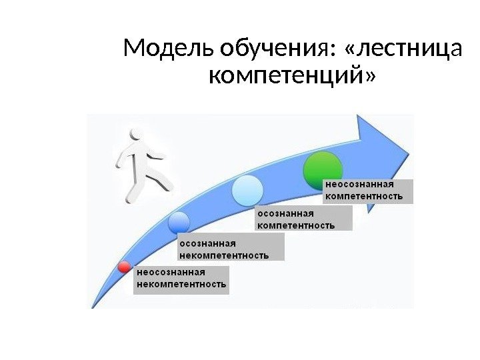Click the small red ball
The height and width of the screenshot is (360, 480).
tap(124, 267)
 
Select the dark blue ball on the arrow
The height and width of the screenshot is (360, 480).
tap(179, 223)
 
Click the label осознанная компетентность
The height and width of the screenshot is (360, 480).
tap(304, 219)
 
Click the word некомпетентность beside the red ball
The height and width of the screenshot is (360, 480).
tap(182, 285)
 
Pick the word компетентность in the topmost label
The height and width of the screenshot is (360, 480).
tap(363, 197)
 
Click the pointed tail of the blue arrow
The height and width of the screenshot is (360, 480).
tap(93, 306)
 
